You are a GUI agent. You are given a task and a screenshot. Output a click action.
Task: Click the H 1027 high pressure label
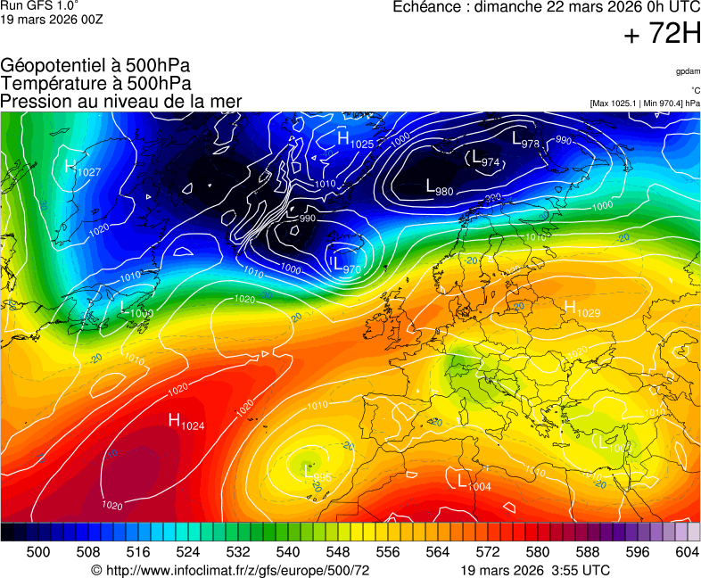pos(83,168)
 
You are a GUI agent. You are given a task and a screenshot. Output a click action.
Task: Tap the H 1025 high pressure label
pos(355,139)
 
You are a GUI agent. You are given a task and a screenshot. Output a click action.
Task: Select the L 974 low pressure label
pos(485,160)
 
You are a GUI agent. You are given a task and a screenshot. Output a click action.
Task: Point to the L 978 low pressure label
pos(525,140)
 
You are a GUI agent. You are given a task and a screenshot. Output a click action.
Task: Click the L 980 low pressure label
pos(440,187)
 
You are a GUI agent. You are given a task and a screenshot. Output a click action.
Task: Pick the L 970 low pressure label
pos(346,265)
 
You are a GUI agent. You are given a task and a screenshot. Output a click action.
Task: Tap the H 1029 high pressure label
pos(581,310)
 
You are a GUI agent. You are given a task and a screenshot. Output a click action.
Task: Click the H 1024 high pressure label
pos(186,422)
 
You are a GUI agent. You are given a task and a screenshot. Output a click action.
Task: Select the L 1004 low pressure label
pos(474,483)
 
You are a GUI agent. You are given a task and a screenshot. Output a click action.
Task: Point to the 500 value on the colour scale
pos(38,552)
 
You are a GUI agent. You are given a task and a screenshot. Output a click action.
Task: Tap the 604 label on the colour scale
pos(687,552)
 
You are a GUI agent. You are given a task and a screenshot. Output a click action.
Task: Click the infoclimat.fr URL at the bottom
pos(229,570)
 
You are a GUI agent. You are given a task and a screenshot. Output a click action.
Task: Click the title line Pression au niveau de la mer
pos(121,102)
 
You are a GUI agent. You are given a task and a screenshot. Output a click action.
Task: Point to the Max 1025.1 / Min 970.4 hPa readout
pos(645,103)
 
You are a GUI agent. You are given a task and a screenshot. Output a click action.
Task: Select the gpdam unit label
pos(687,71)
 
